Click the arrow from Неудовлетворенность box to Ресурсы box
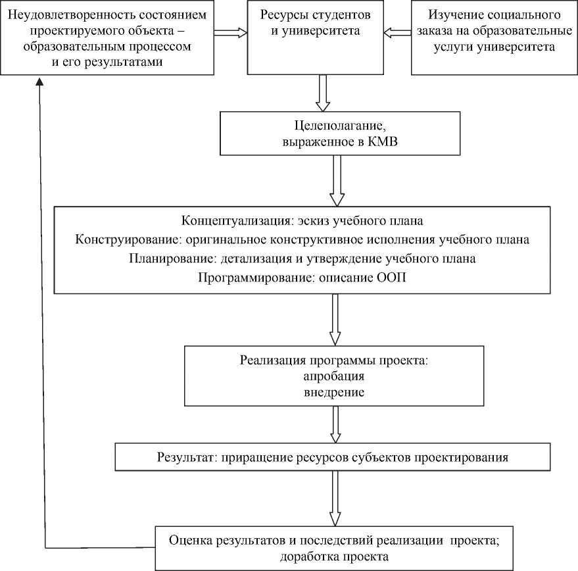coord(229,32)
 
